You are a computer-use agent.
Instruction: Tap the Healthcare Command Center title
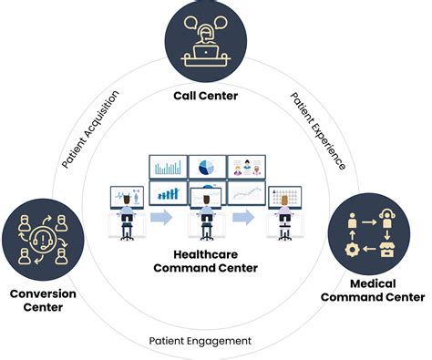point(206,261)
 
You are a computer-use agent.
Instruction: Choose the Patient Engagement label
point(201,341)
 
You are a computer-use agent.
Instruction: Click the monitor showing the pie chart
point(207,167)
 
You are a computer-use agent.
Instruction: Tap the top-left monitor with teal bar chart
point(167,167)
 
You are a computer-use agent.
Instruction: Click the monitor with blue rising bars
point(167,193)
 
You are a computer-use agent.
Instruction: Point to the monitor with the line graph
point(246,193)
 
